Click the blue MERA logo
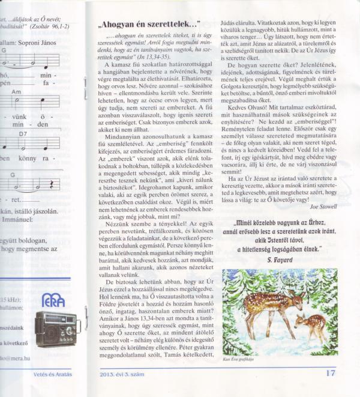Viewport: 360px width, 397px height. coord(54,300)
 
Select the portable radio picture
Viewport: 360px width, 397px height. coord(57,329)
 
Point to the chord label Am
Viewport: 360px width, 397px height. coord(16,92)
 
